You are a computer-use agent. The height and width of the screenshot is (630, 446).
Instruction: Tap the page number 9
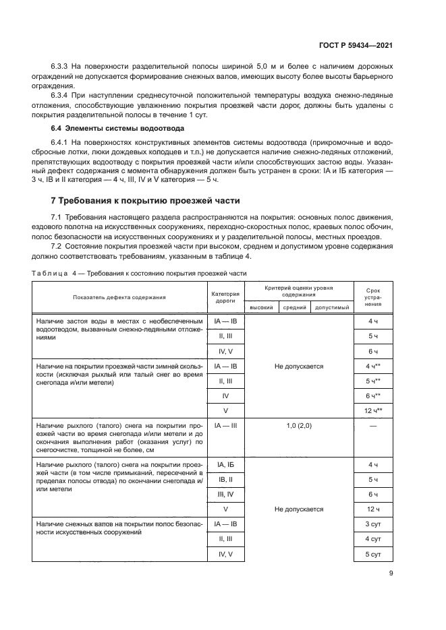(391, 574)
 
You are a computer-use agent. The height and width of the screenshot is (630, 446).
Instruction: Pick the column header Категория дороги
(225, 296)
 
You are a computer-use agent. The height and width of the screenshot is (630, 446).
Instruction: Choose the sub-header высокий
(261, 307)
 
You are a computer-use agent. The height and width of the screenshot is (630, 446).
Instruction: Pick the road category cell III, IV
(225, 494)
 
